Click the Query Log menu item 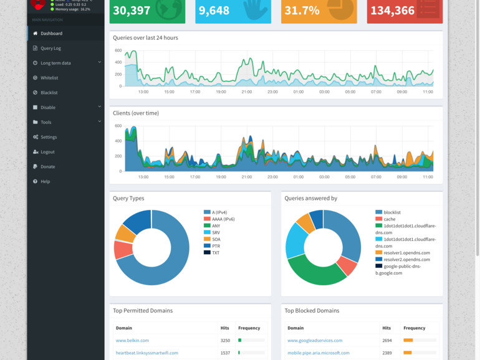point(50,48)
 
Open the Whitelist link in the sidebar point(49,78)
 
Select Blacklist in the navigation point(49,93)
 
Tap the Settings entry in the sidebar point(49,137)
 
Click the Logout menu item point(47,152)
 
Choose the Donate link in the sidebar point(47,167)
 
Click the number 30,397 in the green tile point(132,11)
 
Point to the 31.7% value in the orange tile point(302,11)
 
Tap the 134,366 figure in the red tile point(392,11)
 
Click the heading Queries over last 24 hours point(145,38)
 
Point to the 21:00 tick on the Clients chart point(247,177)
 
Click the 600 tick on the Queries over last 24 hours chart point(118,50)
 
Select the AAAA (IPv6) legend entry point(223,219)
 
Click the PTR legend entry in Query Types point(215,246)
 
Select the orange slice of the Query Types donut point(125,234)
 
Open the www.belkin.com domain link point(132,341)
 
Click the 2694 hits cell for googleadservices point(386,341)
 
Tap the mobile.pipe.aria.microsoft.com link point(318,353)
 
